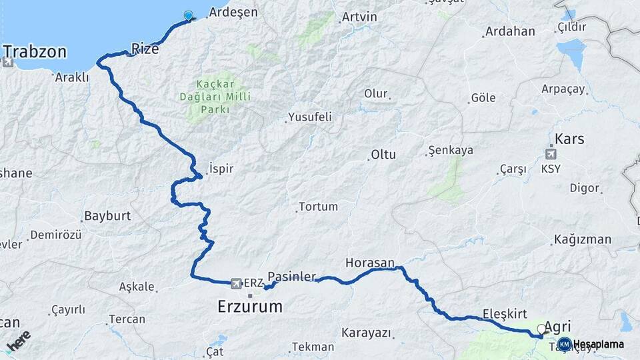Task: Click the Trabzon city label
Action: pos(35,51)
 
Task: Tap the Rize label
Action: pos(145,48)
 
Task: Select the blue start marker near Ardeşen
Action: pos(188,16)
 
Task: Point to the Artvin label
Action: pos(359,17)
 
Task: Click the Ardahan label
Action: pos(510,31)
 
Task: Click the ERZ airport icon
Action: pos(235,283)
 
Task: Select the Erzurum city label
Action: pos(250,307)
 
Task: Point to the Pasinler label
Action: pos(291,276)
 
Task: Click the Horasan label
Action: pos(370,263)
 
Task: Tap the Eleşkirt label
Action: pos(505,313)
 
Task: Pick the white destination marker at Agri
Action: pos(541,329)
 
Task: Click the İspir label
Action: pos(221,169)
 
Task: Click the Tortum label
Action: pos(318,207)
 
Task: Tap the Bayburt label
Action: pos(107,217)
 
